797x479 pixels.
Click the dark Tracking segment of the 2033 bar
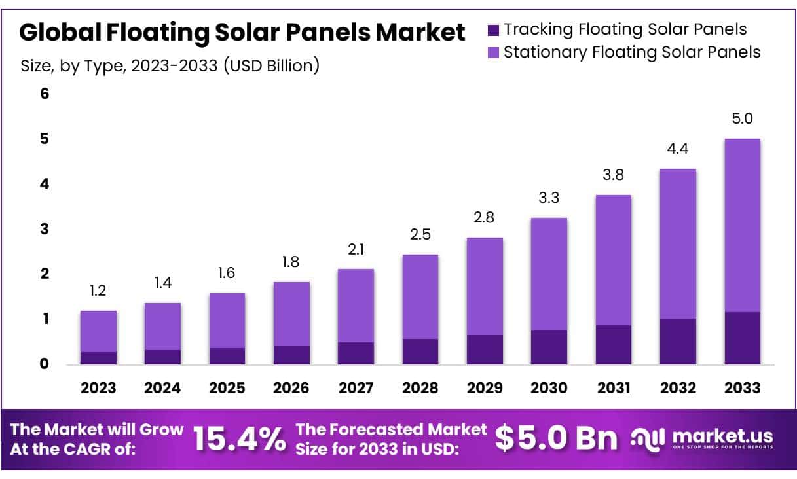pos(742,338)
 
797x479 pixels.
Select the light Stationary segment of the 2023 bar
pos(98,331)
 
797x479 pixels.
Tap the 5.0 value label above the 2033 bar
pos(742,118)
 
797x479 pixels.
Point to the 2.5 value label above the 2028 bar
pos(420,234)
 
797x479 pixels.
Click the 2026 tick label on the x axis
pos(291,387)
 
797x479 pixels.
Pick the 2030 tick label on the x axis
pos(549,387)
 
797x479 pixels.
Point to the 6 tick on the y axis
pos(45,94)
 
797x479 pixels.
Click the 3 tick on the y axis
pos(45,229)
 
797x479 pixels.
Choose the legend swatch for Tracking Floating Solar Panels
pos(494,29)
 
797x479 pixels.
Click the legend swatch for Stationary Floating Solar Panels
pos(494,52)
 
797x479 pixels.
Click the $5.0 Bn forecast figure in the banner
pos(556,438)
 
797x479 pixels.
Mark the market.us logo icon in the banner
pos(648,438)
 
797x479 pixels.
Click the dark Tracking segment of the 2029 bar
pos(485,349)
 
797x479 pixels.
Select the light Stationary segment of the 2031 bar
pos(613,260)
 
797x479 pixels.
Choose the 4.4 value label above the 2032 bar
pos(678,149)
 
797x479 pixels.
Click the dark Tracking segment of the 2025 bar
pos(227,356)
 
